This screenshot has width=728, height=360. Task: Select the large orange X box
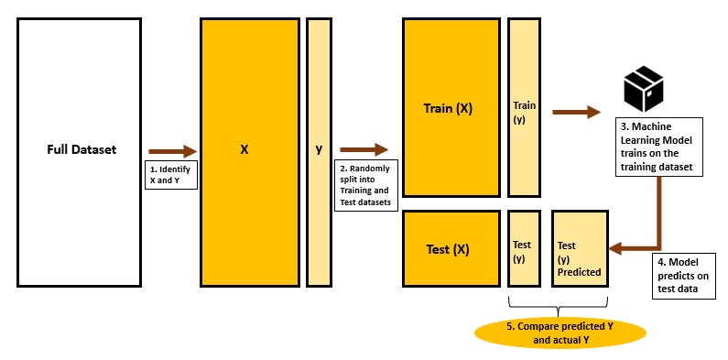click(249, 151)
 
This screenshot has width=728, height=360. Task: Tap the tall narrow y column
click(319, 151)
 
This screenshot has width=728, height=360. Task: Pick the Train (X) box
click(448, 107)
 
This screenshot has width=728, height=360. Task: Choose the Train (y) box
click(525, 107)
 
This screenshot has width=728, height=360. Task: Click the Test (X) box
click(448, 248)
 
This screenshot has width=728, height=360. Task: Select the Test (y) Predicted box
click(580, 248)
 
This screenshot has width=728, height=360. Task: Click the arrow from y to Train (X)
click(364, 149)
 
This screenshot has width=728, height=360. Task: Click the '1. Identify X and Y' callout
click(172, 176)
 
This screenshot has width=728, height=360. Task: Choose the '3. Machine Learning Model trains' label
click(656, 146)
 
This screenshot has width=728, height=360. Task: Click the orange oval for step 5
click(558, 333)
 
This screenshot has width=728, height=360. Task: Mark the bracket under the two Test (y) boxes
click(558, 304)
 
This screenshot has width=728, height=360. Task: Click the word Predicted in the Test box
click(579, 272)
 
